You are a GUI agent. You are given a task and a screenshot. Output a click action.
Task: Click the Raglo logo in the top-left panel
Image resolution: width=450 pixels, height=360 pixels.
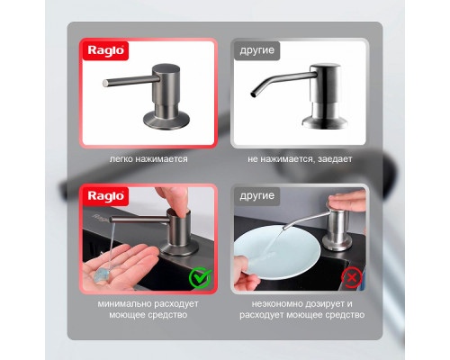(x=105, y=50)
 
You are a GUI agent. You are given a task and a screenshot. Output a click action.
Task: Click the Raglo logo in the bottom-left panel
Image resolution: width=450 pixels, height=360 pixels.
(x=105, y=196)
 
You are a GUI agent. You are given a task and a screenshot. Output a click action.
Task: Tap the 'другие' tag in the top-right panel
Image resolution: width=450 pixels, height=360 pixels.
(x=256, y=50)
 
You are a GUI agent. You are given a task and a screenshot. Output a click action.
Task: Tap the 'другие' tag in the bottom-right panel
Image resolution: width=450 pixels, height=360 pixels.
(x=256, y=196)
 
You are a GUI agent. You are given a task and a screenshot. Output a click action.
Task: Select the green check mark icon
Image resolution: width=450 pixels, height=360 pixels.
(x=201, y=277)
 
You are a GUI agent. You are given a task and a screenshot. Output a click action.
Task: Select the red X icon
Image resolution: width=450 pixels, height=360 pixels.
(x=352, y=277)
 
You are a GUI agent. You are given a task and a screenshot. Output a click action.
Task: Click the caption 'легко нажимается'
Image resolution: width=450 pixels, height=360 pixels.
(x=148, y=159)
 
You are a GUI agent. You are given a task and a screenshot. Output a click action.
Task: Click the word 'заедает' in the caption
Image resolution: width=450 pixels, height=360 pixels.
(x=335, y=159)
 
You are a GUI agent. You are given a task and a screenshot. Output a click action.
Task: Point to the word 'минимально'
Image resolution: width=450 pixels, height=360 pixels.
(x=121, y=303)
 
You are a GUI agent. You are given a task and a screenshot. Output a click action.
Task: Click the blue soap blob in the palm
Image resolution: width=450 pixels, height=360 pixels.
(x=101, y=274)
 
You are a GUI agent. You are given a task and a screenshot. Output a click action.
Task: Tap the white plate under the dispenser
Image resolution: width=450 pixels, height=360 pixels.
(x=277, y=253)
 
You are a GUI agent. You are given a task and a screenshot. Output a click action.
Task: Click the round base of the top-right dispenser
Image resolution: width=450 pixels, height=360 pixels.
(x=325, y=121)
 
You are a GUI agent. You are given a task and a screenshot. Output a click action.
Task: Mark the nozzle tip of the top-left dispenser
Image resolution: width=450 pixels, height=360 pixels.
(x=105, y=83)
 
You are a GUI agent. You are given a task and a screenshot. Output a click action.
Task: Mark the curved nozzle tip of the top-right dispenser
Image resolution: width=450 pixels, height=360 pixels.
(x=253, y=94)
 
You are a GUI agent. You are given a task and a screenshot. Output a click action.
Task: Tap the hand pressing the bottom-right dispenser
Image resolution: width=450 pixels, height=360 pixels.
(x=348, y=200)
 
